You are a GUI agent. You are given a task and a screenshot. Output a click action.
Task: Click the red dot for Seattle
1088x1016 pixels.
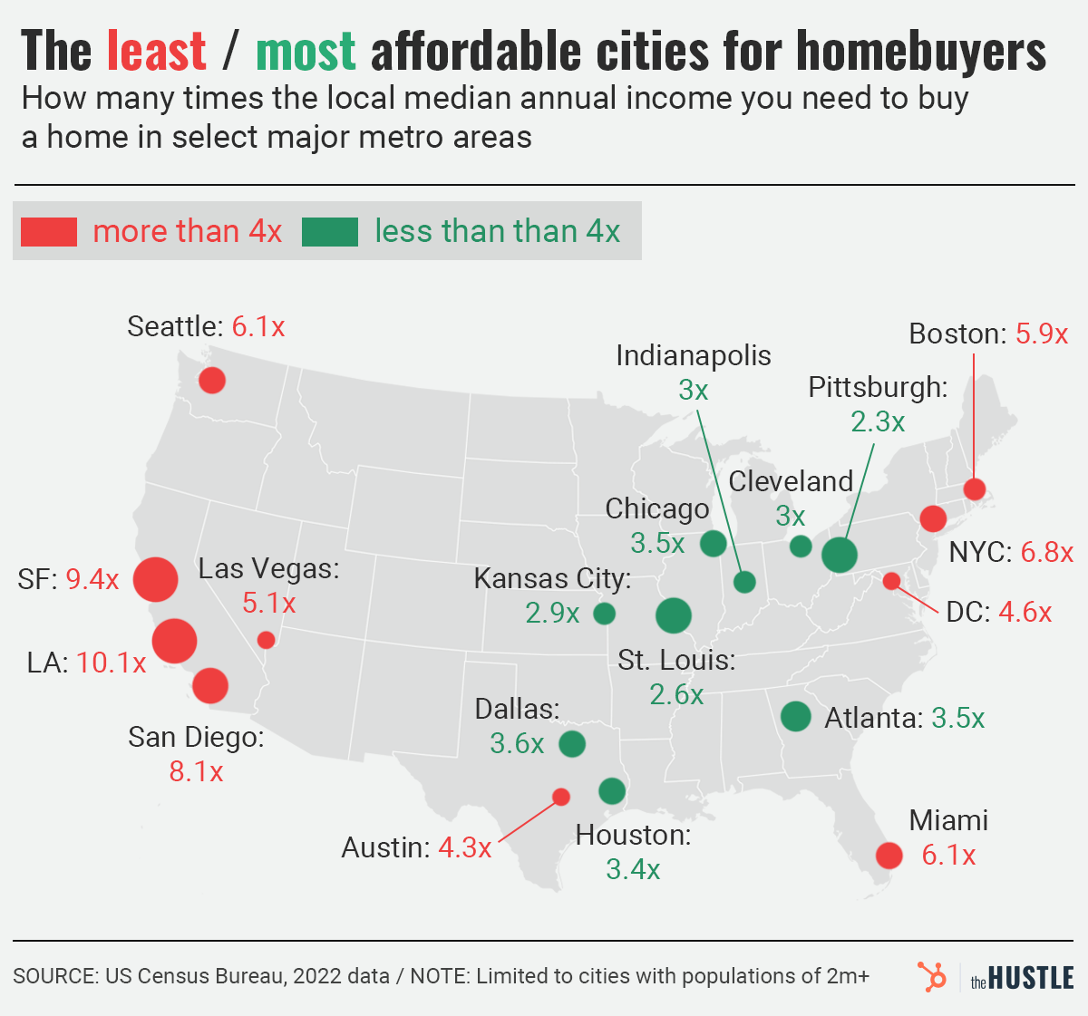(x=212, y=380)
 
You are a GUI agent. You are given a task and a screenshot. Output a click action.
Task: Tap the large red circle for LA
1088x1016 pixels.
(x=174, y=641)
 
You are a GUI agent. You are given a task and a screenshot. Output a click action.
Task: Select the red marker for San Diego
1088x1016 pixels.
(x=210, y=685)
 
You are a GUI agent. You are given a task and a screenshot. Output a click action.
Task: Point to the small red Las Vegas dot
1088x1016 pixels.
(x=266, y=640)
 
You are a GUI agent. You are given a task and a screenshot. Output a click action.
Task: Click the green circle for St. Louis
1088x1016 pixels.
(x=673, y=615)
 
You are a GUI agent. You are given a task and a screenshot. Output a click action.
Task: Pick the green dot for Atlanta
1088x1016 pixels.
(x=795, y=716)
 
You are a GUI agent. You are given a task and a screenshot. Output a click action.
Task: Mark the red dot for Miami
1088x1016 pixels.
(x=889, y=855)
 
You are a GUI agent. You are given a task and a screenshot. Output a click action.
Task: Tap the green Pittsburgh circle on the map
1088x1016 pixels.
(x=840, y=555)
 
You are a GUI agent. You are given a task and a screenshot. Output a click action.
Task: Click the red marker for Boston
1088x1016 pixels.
(x=975, y=489)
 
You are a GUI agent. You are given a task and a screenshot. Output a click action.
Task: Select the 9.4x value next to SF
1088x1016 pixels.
(x=92, y=579)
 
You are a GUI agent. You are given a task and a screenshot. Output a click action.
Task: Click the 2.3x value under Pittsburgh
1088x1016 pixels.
(x=878, y=421)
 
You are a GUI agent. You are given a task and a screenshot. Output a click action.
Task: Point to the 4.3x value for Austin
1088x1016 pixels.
(x=465, y=847)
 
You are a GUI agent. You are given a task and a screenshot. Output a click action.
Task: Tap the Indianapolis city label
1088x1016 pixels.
(x=694, y=355)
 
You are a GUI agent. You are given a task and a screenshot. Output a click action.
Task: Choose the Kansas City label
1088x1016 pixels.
(x=552, y=578)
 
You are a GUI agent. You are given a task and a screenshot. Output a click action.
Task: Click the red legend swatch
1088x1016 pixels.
(x=49, y=232)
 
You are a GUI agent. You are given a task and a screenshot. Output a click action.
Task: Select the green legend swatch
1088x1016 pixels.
(x=330, y=232)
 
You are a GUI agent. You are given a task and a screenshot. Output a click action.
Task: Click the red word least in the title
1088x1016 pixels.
(x=156, y=51)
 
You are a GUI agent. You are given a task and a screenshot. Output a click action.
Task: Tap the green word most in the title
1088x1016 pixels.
(x=306, y=51)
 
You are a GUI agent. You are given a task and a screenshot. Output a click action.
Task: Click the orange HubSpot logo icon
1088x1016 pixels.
(x=930, y=977)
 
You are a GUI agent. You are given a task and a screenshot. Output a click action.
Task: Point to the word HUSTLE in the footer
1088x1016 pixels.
(x=1031, y=978)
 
